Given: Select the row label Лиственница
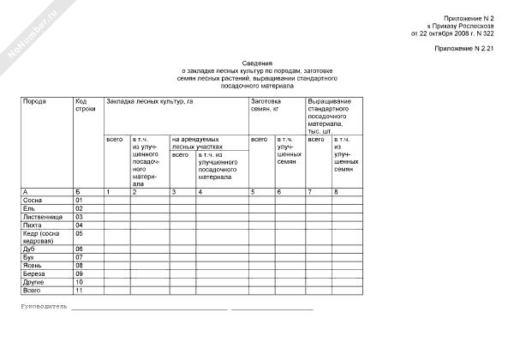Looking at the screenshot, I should pyautogui.click(x=42, y=216).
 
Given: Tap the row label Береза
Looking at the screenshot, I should pyautogui.click(x=34, y=273).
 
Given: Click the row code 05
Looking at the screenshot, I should pyautogui.click(x=80, y=232).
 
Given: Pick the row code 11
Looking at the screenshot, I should pyautogui.click(x=80, y=291).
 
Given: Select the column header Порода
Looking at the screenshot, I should pyautogui.click(x=35, y=101).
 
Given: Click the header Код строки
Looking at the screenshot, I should pyautogui.click(x=85, y=105).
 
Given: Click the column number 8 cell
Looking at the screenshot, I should pyautogui.click(x=336, y=190).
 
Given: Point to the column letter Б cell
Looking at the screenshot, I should pyautogui.click(x=78, y=190).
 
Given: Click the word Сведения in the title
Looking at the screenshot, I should pyautogui.click(x=257, y=63).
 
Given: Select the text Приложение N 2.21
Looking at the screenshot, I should pyautogui.click(x=464, y=50).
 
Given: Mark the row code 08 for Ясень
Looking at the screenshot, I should pyautogui.click(x=80, y=265).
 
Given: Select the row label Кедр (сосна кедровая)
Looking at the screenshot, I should pyautogui.click(x=40, y=236).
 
